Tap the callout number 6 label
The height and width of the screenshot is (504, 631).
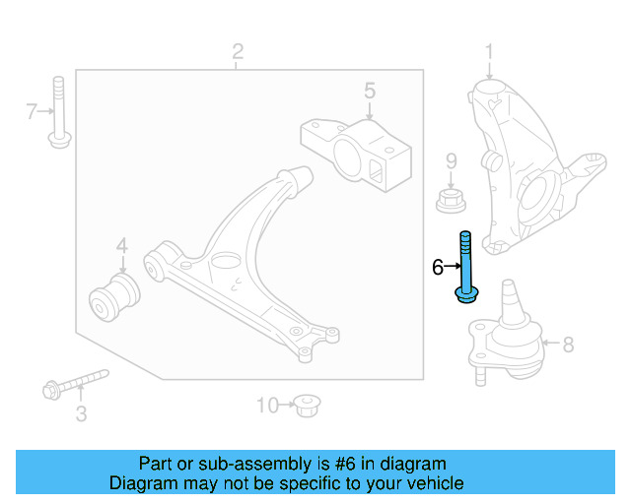click(x=438, y=267)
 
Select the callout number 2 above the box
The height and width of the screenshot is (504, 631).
click(x=237, y=50)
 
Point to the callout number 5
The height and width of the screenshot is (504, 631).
click(x=369, y=92)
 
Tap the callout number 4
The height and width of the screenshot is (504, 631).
click(x=122, y=245)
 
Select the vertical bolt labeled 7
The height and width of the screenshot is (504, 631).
click(x=58, y=111)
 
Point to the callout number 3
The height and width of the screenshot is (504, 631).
click(x=81, y=414)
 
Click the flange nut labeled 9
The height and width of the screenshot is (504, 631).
click(x=451, y=200)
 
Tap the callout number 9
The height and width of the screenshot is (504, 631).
click(x=451, y=160)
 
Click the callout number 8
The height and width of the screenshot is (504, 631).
click(x=567, y=345)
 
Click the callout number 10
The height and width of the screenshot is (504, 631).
click(x=267, y=405)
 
